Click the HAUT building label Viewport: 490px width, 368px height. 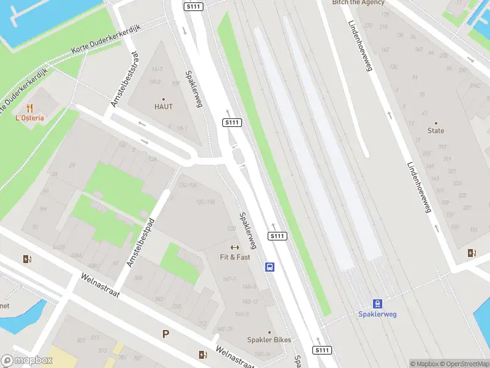point(164,107)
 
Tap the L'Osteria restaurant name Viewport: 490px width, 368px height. point(29,118)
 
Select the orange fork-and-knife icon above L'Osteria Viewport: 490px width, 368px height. point(29,108)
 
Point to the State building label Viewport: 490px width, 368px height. point(436,131)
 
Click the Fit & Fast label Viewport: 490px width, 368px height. point(235,257)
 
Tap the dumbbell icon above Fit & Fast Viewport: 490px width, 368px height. point(235,248)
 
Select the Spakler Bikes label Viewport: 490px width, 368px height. point(269,340)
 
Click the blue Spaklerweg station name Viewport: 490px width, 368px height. point(377,314)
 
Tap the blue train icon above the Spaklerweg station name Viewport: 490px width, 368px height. point(377,304)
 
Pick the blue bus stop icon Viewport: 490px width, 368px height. point(269,267)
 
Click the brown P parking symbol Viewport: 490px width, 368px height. point(165,334)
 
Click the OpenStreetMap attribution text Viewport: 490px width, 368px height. point(464,364)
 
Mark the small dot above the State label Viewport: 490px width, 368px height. point(436,123)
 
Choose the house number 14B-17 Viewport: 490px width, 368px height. point(250,301)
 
